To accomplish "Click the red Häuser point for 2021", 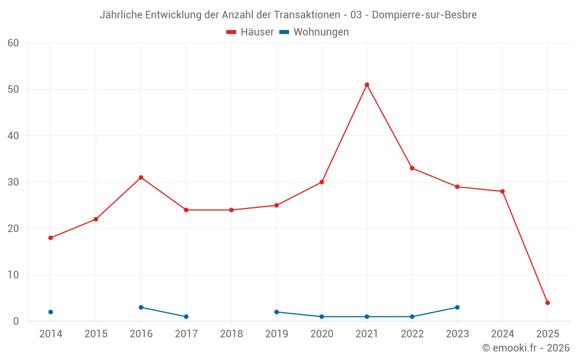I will click(x=367, y=85).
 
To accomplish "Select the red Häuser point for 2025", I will click(x=548, y=302).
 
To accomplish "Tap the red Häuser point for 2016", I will click(x=141, y=177).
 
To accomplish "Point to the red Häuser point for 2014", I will click(x=51, y=238).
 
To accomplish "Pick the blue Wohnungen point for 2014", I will click(x=51, y=312).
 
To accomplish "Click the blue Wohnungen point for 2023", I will click(x=457, y=308).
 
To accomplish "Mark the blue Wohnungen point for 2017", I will click(x=186, y=317).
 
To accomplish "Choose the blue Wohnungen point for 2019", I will click(x=276, y=312).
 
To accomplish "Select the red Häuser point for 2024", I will click(x=502, y=191).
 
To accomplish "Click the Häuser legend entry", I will click(x=250, y=32).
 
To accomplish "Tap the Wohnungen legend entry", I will click(x=314, y=32).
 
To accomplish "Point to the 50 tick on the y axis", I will click(x=14, y=89).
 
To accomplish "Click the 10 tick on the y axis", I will click(x=14, y=275).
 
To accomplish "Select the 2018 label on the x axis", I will click(x=232, y=334).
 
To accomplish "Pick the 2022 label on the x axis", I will click(x=412, y=334).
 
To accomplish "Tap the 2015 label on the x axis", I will click(x=96, y=334).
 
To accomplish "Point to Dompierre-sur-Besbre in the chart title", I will click(x=424, y=15).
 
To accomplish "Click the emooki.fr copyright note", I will click(x=526, y=348).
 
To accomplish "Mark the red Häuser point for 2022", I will click(x=412, y=168).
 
